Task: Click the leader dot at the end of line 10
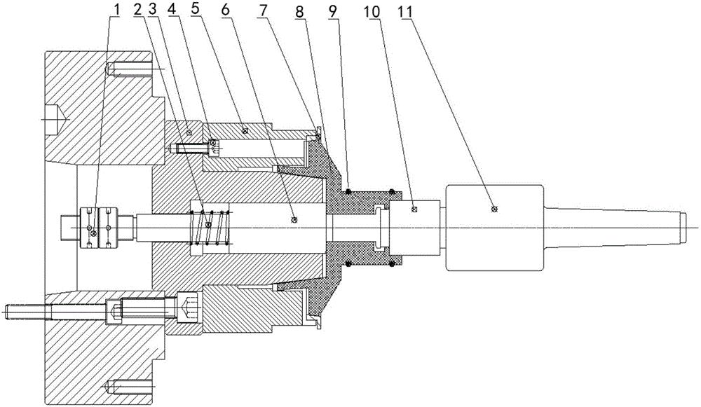pyautogui.click(x=414, y=208)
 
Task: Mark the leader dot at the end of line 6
pyautogui.click(x=294, y=219)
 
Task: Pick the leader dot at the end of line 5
pyautogui.click(x=244, y=131)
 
